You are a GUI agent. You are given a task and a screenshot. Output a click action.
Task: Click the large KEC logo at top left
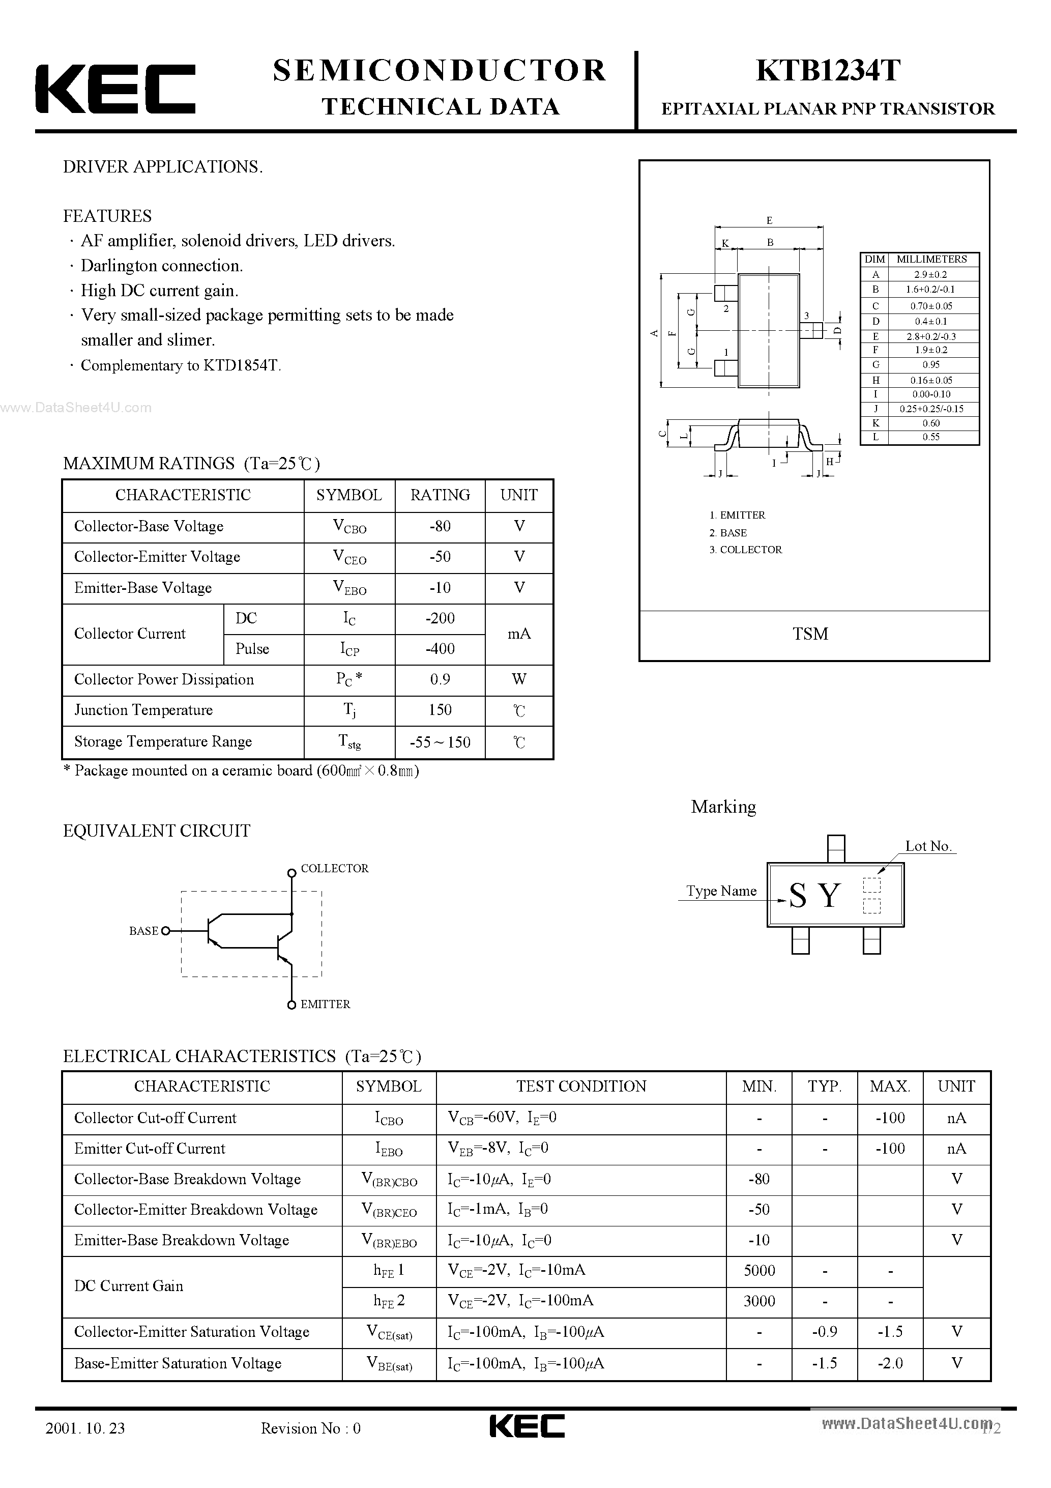115,89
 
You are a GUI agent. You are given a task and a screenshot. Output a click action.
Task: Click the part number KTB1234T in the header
828,71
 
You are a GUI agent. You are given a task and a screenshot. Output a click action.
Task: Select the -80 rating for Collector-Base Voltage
440,526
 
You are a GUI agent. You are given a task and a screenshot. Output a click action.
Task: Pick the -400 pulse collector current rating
440,649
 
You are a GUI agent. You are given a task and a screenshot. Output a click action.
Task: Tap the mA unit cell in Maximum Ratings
519,634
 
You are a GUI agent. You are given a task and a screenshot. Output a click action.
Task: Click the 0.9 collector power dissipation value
440,679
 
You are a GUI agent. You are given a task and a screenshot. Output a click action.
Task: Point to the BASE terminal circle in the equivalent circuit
166,931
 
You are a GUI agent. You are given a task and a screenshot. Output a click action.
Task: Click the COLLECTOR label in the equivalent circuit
334,869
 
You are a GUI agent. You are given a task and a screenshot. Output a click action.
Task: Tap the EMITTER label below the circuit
325,1004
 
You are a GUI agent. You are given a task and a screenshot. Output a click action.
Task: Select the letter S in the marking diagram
798,896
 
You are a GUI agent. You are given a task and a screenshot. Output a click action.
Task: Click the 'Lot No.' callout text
928,846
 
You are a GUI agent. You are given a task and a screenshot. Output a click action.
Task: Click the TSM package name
810,634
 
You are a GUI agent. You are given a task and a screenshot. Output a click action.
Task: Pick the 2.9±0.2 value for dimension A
930,275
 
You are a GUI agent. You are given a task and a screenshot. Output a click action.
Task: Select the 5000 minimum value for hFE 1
760,1270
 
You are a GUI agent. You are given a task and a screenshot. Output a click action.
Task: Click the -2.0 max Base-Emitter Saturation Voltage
890,1363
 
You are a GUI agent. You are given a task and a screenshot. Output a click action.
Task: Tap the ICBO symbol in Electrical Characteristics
389,1119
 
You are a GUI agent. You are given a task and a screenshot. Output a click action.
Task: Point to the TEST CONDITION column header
581,1086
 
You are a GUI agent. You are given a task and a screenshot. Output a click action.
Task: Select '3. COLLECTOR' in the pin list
745,550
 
